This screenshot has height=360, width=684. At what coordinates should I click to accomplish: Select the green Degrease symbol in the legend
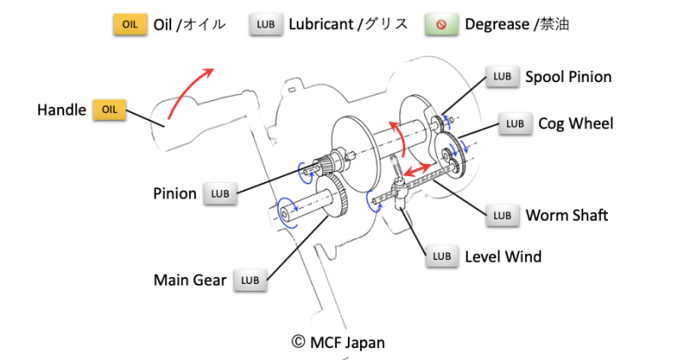coord(441,24)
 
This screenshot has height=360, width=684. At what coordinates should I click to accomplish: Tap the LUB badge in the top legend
coord(266,24)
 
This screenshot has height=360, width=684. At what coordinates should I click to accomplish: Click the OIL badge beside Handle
coord(109,109)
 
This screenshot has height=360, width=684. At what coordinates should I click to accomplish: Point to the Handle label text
coord(62,109)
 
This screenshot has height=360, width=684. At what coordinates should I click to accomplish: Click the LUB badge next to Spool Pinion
coord(502,77)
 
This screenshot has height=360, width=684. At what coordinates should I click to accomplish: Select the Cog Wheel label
coord(575,123)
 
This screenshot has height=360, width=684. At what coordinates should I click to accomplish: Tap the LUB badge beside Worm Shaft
coord(503,215)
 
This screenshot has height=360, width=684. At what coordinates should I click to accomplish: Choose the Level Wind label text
coord(503,256)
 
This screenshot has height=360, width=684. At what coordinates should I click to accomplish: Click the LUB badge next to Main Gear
coord(250,280)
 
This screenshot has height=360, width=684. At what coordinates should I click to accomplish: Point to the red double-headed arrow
coord(417,171)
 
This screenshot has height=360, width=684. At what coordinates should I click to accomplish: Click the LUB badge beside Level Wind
coord(442,256)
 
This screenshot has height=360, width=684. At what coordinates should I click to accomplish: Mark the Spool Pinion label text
coord(568,77)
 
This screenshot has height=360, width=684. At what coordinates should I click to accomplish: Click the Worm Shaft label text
coord(567,215)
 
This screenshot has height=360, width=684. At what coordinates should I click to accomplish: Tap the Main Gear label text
coord(190,280)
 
